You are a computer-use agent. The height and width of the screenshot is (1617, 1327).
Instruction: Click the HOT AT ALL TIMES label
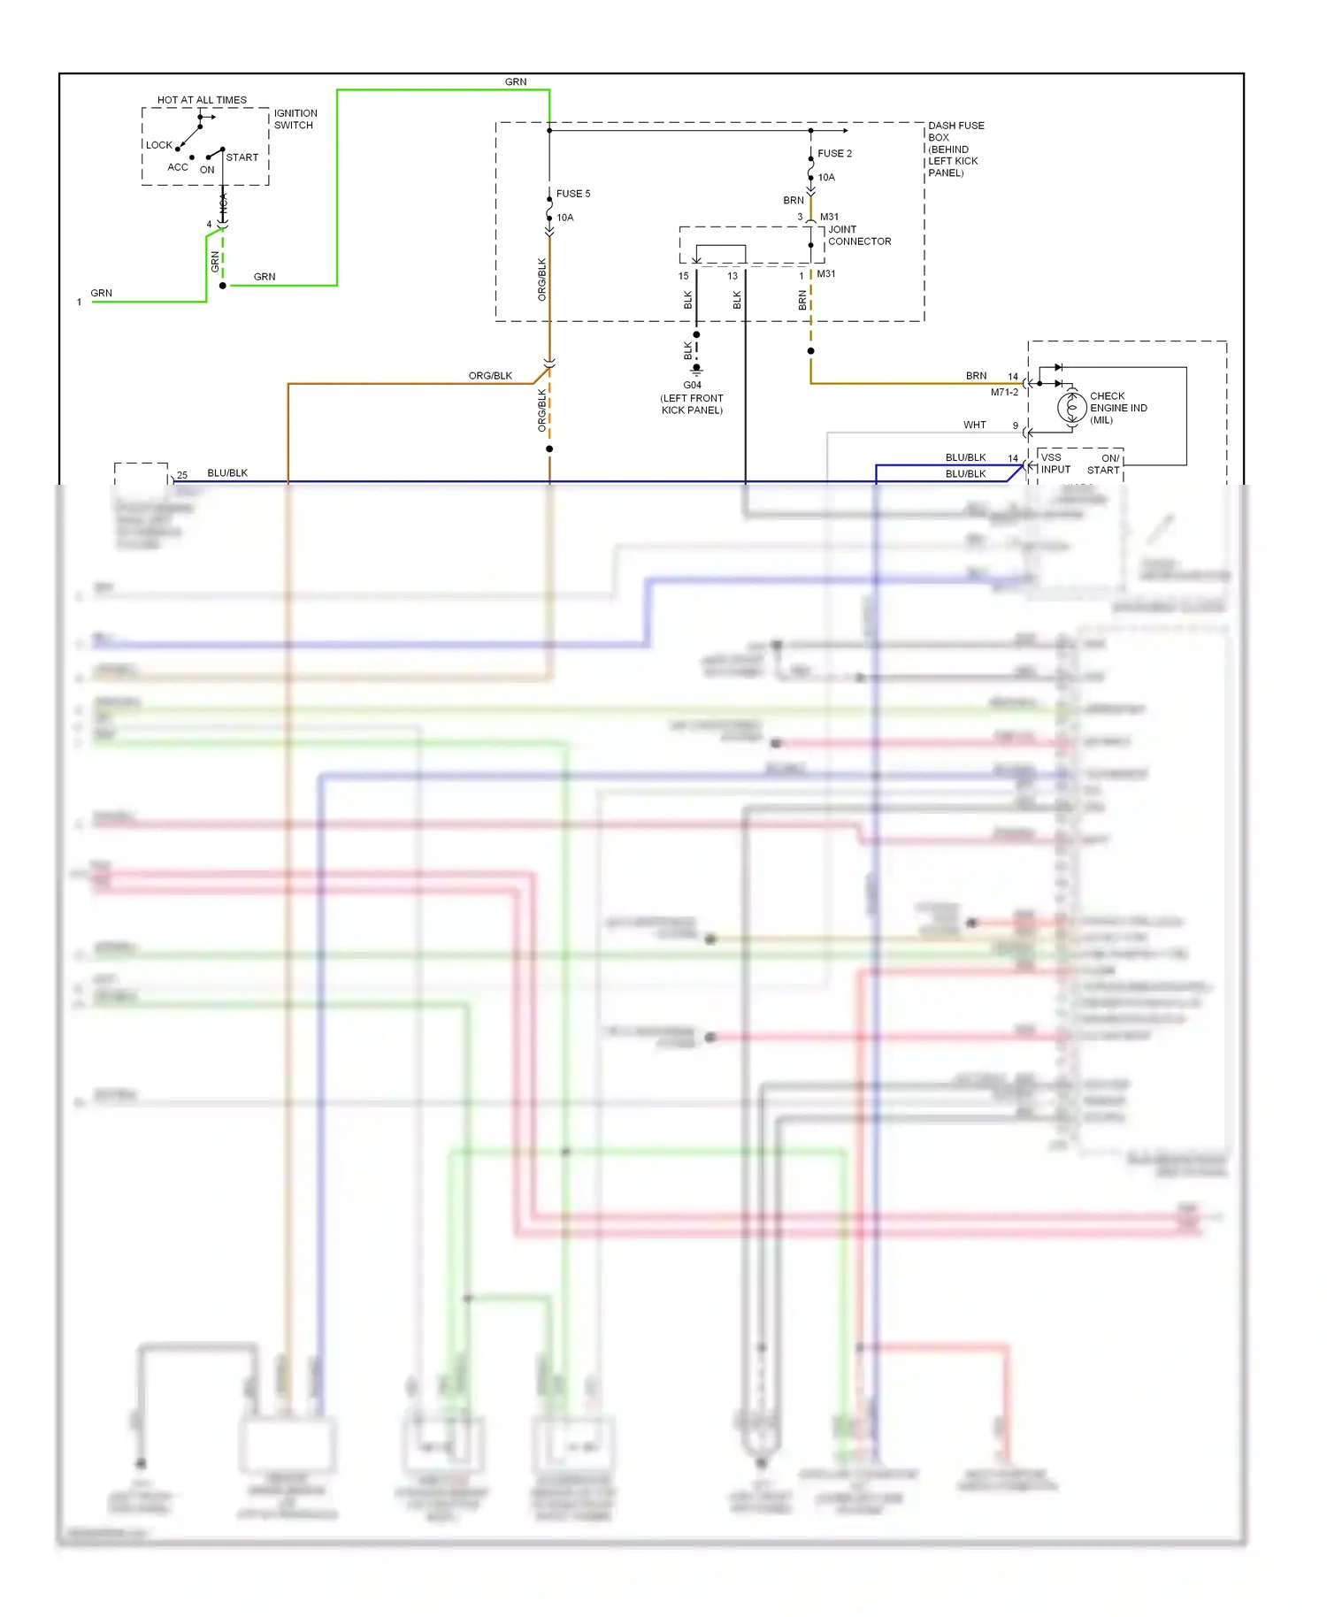click(202, 100)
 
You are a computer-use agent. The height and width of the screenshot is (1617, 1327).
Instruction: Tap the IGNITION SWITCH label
click(295, 119)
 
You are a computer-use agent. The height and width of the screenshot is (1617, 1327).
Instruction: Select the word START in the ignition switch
click(242, 157)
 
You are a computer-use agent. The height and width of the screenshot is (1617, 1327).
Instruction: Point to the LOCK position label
click(159, 145)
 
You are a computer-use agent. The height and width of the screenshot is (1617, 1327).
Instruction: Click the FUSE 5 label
click(572, 194)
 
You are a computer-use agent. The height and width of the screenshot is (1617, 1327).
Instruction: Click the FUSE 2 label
click(834, 154)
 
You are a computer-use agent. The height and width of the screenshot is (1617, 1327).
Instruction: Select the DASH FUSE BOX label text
click(955, 132)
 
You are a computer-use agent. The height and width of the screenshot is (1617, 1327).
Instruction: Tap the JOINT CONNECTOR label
click(858, 235)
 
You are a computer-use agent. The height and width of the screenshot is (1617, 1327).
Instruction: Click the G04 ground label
click(692, 386)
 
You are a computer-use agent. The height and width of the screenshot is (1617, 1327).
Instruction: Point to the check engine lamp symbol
click(1071, 408)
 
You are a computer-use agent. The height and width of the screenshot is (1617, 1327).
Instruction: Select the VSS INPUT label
click(1055, 464)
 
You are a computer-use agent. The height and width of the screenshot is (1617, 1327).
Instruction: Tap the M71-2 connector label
click(1004, 392)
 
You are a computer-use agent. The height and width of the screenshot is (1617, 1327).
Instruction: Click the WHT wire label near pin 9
click(974, 425)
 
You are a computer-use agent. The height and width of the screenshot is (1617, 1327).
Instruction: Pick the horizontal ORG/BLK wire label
click(490, 376)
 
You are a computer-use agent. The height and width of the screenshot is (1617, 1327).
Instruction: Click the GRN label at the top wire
click(515, 82)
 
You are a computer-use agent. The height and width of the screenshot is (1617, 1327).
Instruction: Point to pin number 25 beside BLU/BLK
click(182, 475)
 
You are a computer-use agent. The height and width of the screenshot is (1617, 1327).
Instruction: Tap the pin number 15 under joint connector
click(683, 276)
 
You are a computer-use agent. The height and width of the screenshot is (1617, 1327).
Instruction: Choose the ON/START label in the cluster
click(1104, 464)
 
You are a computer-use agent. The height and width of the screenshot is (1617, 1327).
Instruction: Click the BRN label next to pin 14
click(976, 376)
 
